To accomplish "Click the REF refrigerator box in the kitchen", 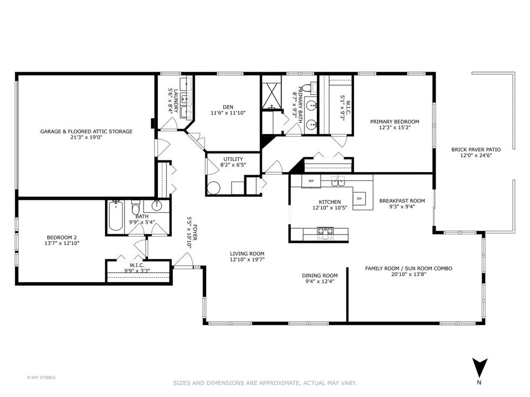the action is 311,181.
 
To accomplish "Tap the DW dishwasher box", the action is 359,198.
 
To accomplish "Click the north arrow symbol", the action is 480,368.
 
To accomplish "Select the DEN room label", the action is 228,107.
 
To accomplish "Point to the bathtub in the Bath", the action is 116,216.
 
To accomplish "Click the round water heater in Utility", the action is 214,188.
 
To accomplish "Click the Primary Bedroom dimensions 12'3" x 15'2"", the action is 395,128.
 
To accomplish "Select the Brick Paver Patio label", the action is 476,150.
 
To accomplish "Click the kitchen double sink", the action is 338,181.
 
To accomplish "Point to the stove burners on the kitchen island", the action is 324,233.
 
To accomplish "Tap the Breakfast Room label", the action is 402,201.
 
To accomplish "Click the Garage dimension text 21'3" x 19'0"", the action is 86,138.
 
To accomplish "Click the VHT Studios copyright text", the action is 41,377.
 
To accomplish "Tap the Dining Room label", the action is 320,275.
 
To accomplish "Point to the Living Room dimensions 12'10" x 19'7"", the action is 247,259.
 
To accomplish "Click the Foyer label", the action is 195,232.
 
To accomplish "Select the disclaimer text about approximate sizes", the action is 264,383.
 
